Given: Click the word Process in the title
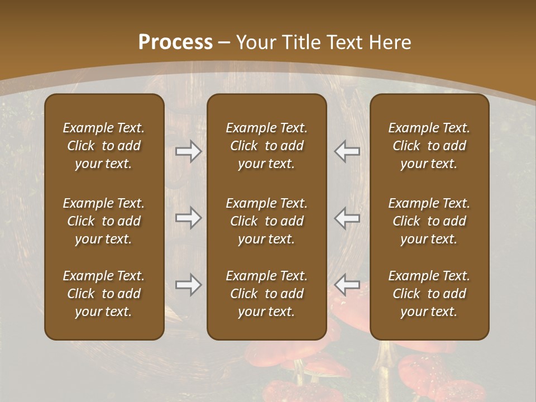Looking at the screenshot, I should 175,42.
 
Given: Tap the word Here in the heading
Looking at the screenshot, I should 390,42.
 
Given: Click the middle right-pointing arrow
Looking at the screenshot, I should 189,218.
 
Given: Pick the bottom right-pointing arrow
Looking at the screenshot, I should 189,285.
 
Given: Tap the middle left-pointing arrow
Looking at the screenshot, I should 347,218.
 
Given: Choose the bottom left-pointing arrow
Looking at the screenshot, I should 347,285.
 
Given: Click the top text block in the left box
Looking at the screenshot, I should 104,146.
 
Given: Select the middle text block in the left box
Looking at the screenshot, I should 104,221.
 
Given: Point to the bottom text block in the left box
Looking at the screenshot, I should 104,294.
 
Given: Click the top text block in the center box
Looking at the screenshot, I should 267,146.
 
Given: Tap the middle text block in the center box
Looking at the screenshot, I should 267,221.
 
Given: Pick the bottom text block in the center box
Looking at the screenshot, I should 267,294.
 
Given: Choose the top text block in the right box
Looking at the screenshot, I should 429,146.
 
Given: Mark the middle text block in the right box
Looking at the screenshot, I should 429,221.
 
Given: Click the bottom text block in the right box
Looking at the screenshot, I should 429,294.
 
